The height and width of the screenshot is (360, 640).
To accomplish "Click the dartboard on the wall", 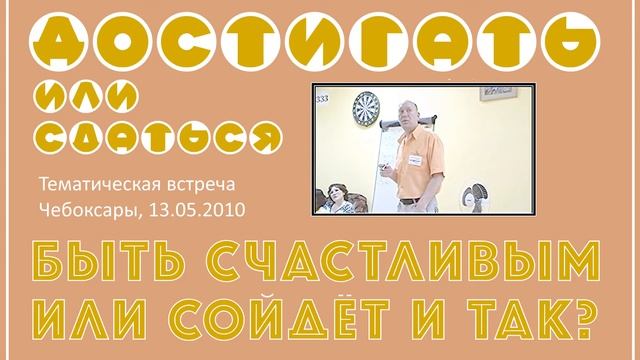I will click(366, 107).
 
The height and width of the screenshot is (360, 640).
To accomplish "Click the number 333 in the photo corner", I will click(323, 99).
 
